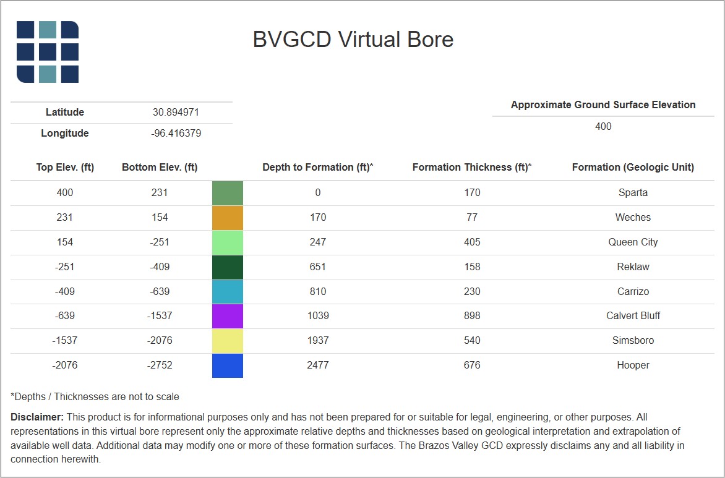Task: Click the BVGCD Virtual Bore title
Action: pos(353,40)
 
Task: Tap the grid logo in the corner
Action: pos(48,52)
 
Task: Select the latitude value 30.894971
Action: pos(176,113)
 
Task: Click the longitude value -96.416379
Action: pos(176,134)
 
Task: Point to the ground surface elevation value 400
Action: pos(603,127)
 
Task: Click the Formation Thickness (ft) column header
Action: pos(472,168)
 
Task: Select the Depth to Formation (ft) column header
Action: pos(317,168)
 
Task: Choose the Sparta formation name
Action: pos(633,193)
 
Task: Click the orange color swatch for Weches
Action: pos(228,218)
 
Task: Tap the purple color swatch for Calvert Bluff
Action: pos(228,316)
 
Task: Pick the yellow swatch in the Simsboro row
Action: pos(228,341)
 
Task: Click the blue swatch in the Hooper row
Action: pos(228,365)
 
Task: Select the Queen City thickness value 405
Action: pos(472,242)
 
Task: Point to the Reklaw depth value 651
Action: pos(317,267)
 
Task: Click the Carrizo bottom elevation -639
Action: pos(160,292)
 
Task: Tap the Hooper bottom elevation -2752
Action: pos(160,365)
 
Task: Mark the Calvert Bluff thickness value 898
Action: pos(472,316)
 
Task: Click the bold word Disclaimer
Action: pos(37,417)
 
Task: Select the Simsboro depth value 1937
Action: pos(317,341)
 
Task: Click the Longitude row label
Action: pos(65,134)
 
